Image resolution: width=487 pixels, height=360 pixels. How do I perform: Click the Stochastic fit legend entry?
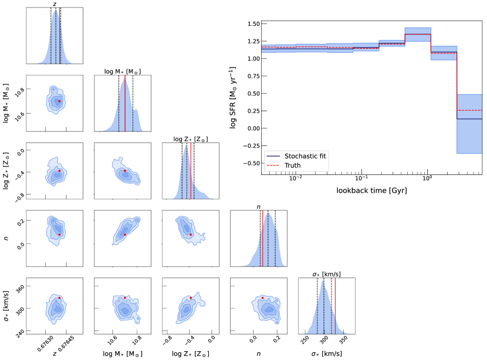(x=305, y=157)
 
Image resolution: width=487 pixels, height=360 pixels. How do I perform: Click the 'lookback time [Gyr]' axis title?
(x=371, y=191)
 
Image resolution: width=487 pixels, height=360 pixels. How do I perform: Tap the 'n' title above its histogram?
(x=258, y=206)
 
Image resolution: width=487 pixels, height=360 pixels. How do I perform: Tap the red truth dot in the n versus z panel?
(x=59, y=235)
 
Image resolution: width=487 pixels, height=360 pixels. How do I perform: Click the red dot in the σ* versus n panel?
(x=262, y=298)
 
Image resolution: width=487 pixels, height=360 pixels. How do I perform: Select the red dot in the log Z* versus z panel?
(x=59, y=171)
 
